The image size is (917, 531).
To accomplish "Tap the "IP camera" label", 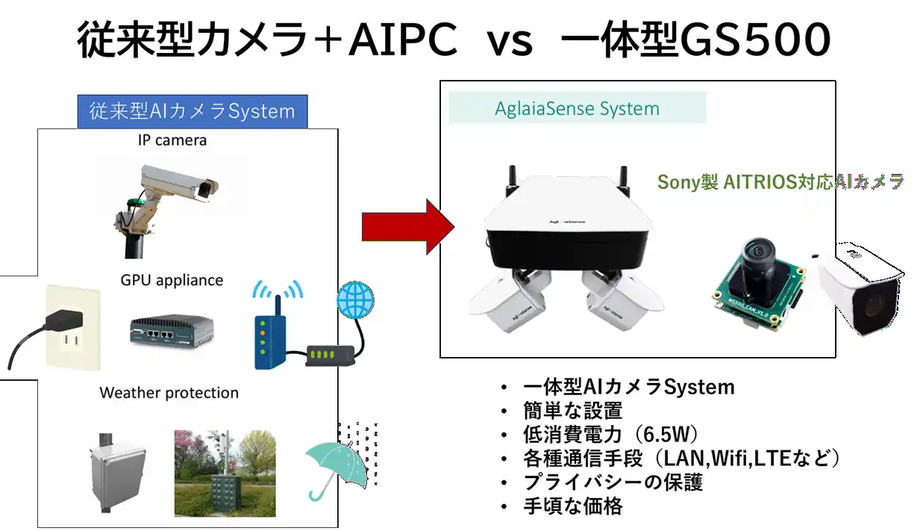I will [x=172, y=140].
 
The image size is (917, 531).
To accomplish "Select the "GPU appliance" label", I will [x=172, y=280].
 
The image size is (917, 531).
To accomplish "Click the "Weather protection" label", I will [x=169, y=393].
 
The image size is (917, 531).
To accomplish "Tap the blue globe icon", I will [x=355, y=300].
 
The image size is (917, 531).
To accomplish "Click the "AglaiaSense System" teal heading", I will [x=577, y=109].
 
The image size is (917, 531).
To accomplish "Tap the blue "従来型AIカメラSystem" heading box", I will [x=193, y=112].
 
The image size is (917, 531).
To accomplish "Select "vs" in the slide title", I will [x=510, y=42].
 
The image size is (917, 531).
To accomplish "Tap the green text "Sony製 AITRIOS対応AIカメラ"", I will [x=780, y=181].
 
